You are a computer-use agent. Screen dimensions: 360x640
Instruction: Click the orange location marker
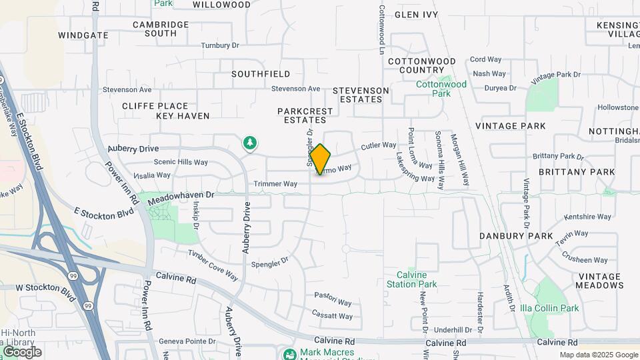coord(320,159)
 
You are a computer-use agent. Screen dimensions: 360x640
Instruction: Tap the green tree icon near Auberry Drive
coord(250,143)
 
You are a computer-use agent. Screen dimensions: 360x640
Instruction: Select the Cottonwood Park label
coord(441,89)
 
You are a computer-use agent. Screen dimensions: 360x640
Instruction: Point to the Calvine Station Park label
coord(412,279)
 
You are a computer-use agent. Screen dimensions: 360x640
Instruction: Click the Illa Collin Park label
coord(551,308)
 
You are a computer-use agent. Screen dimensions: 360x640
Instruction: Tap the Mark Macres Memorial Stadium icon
coord(289,353)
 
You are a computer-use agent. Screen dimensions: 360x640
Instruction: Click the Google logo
coord(22,351)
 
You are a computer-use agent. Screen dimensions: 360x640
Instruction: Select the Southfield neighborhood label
coord(261,74)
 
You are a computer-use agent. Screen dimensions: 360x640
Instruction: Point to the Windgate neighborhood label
coord(83,35)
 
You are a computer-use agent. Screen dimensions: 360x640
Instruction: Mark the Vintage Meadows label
coord(600,281)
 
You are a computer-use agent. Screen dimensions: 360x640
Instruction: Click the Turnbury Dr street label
coord(220,46)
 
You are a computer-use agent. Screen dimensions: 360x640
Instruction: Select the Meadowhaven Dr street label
coord(181,196)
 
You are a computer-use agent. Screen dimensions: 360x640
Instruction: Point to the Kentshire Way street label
coord(587,217)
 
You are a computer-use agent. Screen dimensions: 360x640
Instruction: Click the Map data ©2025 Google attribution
coord(598,355)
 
